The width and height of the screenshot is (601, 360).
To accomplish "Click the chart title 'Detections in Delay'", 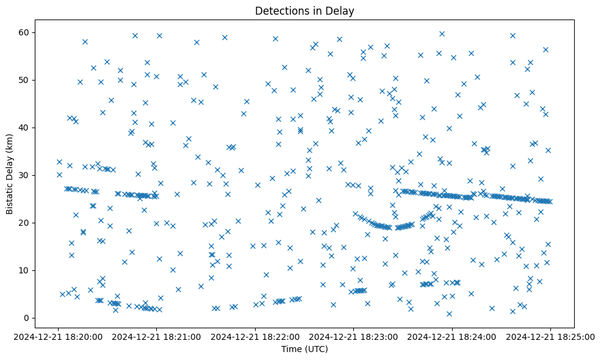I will coord(304,11).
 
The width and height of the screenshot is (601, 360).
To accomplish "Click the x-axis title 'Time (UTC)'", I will coord(304,349).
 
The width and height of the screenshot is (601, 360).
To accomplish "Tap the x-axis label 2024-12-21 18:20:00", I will coord(59,337).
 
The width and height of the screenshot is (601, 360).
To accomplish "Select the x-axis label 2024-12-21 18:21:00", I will coord(157,337).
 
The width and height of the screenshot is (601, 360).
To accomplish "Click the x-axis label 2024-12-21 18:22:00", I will coord(256,337).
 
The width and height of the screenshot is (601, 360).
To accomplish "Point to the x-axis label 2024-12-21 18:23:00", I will coord(354,337).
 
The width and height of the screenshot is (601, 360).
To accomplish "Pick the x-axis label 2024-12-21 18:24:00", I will coord(452,337).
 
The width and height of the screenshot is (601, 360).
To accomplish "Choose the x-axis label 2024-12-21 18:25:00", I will coord(550,337).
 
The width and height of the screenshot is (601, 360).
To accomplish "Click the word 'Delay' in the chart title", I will coord(342,11).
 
